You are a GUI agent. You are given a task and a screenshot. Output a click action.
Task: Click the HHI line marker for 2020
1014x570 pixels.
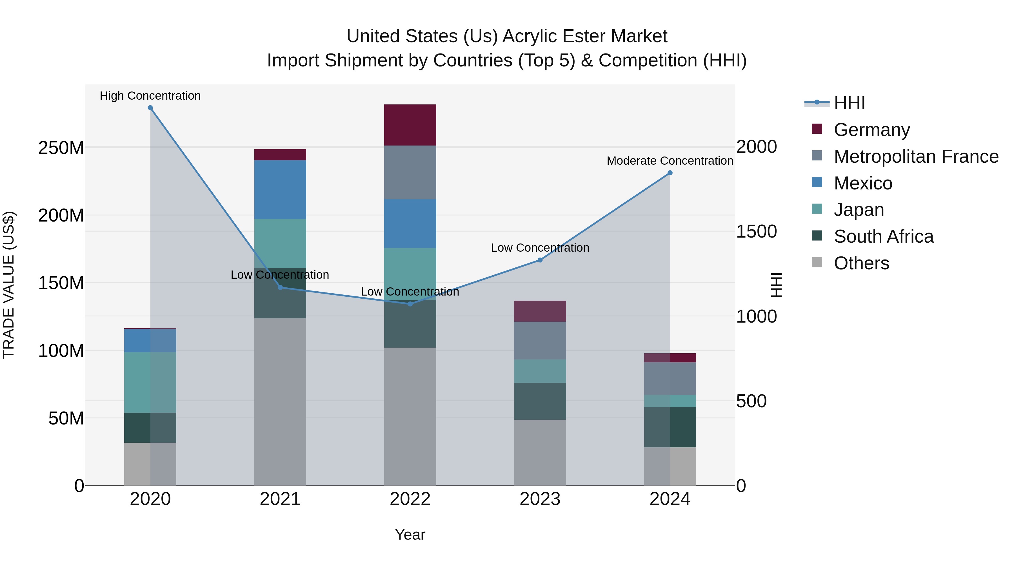point(150,108)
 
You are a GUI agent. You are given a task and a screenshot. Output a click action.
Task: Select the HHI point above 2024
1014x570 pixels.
point(670,173)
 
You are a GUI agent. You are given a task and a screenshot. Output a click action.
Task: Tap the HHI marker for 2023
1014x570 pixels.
point(540,260)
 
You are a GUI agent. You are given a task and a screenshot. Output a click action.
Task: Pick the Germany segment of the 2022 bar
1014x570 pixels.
point(410,125)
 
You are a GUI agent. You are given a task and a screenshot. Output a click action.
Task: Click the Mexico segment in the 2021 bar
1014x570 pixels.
point(280,190)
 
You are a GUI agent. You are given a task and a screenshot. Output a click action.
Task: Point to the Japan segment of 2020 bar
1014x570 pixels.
point(150,382)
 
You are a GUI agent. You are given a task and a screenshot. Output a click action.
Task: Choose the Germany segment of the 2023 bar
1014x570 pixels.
point(540,311)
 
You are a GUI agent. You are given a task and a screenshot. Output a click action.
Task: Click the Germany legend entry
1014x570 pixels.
point(871,130)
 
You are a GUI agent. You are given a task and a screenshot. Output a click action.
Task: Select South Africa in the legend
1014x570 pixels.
point(883,236)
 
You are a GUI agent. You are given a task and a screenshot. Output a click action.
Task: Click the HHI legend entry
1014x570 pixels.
point(850,103)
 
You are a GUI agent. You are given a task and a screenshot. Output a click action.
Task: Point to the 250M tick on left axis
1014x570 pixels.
point(61,148)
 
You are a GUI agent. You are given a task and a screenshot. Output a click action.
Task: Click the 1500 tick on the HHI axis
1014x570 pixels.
point(756,231)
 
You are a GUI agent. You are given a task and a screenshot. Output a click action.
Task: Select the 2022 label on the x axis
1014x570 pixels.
point(410,499)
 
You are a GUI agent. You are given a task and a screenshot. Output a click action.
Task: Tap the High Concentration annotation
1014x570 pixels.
point(150,96)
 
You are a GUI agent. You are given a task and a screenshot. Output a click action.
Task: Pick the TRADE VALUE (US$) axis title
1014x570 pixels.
point(9,285)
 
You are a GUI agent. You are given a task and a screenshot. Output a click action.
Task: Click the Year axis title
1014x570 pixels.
point(410,535)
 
